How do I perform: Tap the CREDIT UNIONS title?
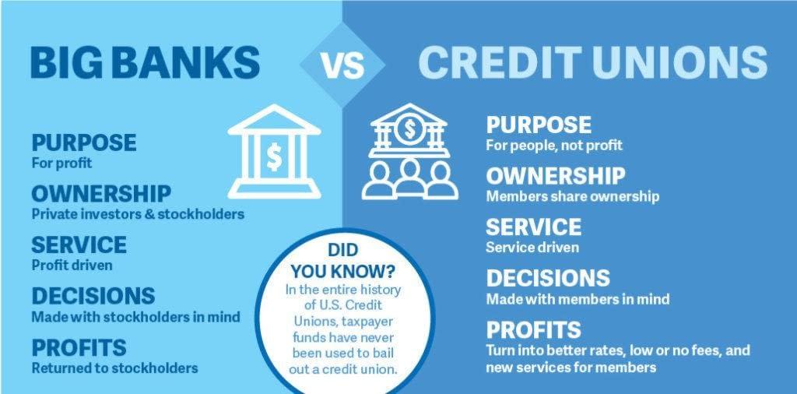tap(592, 63)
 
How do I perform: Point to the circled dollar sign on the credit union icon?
tap(408, 129)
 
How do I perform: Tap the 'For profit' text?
tap(61, 164)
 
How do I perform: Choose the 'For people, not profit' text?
tap(554, 146)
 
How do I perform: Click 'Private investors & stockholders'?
tap(138, 213)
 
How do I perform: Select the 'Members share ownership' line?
tap(572, 196)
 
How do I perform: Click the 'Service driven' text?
tap(532, 248)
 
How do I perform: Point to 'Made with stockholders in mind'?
tap(135, 317)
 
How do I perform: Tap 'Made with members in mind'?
tap(578, 298)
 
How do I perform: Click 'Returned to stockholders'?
tap(114, 368)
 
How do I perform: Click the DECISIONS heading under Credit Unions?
tap(548, 278)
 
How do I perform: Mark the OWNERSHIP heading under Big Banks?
tap(101, 193)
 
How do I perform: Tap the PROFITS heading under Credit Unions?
tap(534, 329)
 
